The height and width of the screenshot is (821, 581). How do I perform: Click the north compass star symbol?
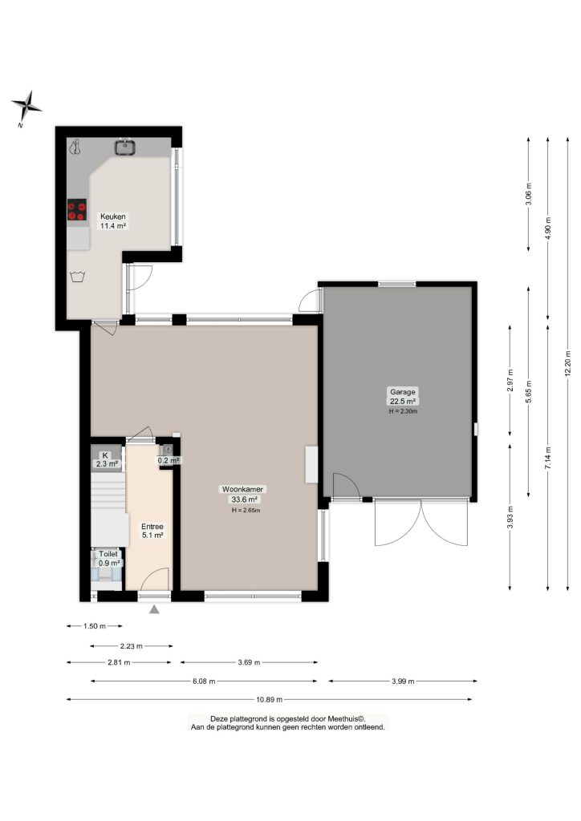coord(26,107)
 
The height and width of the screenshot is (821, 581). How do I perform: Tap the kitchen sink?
coord(125,147)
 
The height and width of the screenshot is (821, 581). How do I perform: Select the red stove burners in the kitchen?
coord(77,210)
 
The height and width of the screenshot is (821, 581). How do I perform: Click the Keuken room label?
coord(113,216)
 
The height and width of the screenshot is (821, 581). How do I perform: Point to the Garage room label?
coord(402,391)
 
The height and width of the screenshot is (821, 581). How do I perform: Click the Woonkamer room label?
coord(243,489)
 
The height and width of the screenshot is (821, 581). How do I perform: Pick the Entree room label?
coord(152,526)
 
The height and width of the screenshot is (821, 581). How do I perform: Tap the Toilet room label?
coord(108,553)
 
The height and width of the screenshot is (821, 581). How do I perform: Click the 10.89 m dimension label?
coord(270,699)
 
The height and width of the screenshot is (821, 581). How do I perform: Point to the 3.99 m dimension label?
coord(403,681)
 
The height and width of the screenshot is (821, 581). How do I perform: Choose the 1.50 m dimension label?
coord(95,625)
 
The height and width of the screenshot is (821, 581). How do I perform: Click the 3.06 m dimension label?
coord(529,193)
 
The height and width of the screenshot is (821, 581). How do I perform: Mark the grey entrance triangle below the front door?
coord(154,609)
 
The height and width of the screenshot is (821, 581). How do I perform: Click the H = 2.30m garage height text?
coord(403,411)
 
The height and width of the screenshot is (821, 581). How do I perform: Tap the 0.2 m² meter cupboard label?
coord(169,461)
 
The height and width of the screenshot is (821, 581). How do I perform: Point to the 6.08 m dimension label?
coord(204,681)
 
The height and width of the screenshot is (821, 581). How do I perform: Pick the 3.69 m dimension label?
coord(249,662)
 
